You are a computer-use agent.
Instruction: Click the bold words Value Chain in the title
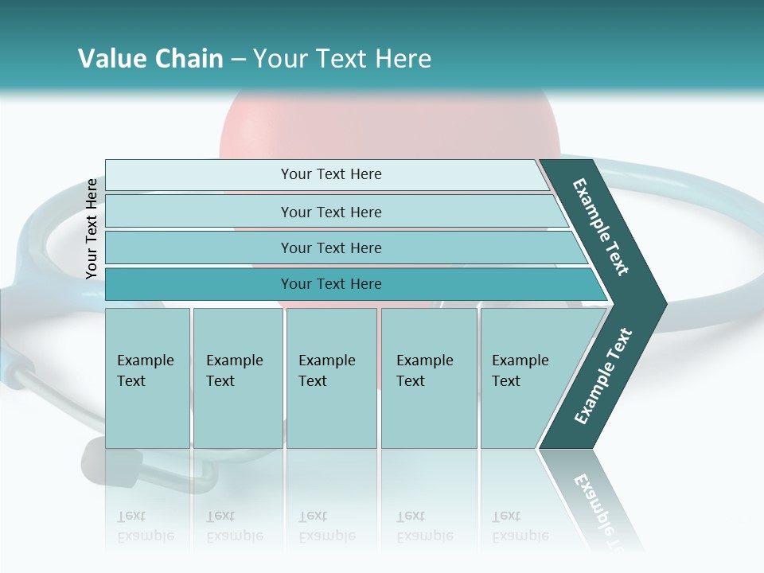(150, 59)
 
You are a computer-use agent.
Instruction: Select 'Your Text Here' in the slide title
(342, 59)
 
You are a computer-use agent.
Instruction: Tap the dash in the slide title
(238, 60)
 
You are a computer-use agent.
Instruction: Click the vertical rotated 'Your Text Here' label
(92, 229)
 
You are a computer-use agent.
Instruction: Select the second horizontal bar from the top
(330, 212)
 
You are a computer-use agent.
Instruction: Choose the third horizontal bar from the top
(330, 248)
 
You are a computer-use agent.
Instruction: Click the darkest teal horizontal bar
(330, 284)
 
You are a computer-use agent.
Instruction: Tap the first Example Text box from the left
(147, 377)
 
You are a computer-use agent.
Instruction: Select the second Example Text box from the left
(237, 377)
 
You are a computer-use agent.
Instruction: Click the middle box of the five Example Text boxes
(331, 377)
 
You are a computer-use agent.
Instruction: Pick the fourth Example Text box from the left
(428, 377)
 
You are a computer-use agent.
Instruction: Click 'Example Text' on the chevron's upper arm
(601, 227)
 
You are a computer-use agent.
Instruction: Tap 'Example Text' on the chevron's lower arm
(603, 376)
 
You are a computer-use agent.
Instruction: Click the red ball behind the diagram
(382, 127)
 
